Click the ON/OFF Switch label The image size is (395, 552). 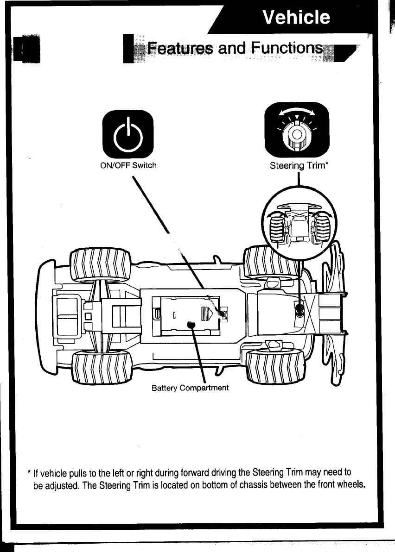pos(128,165)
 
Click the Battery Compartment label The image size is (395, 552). pos(190,388)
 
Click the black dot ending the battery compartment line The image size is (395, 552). pos(190,325)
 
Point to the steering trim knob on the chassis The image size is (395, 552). pos(299,309)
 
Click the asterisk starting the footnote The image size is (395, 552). pos(29,474)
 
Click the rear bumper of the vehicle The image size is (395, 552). pos(45,319)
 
